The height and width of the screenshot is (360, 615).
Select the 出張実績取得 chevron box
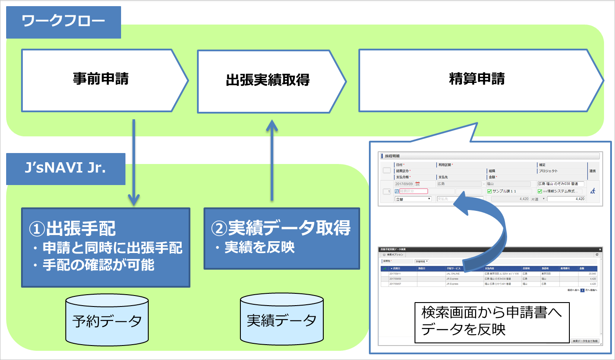pos(268,81)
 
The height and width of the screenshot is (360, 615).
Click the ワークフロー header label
pos(64,22)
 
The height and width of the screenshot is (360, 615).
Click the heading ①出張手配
pos(73,228)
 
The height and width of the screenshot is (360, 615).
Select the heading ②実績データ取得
pos(281,228)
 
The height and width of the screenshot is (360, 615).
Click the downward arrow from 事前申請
pos(134,162)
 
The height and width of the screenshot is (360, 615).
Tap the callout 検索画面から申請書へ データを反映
pos(492,321)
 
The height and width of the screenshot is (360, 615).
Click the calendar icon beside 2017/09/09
pos(418,184)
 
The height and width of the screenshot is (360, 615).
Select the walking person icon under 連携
pos(593,191)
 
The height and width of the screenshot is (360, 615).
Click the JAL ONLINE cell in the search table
pos(452,274)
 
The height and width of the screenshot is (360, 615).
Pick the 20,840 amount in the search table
pos(592,274)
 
